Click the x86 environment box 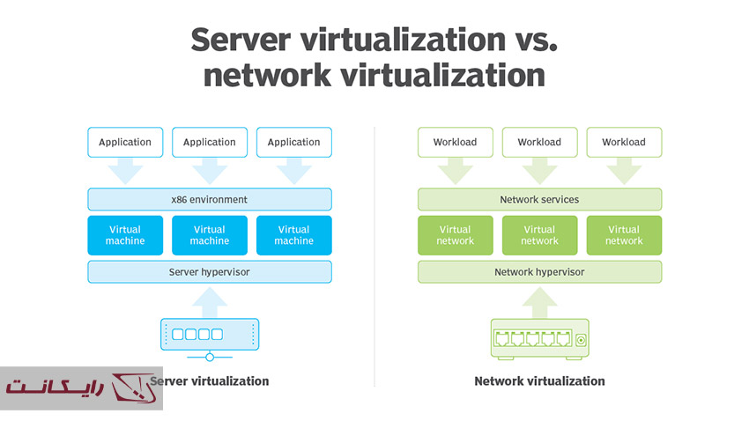210,199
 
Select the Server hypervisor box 210,272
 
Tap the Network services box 539,199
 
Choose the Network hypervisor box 539,272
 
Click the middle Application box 210,142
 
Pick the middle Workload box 539,142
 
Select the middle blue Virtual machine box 210,235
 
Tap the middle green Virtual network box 539,235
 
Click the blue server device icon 210,335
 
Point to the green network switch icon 539,338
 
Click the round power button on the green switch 582,340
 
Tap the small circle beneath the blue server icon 210,357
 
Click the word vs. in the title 532,40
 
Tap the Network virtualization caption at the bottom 539,381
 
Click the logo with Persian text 81,388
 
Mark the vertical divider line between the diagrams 374,255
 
